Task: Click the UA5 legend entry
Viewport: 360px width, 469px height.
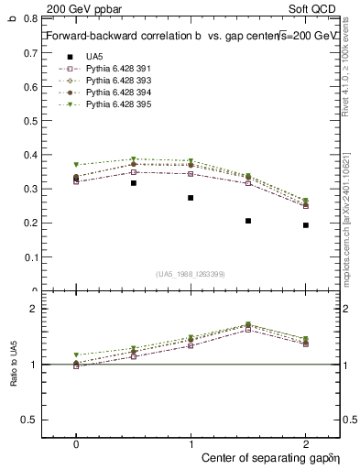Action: pos(93,56)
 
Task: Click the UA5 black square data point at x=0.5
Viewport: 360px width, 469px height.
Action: pos(134,183)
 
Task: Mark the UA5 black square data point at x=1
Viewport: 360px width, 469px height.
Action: pos(191,198)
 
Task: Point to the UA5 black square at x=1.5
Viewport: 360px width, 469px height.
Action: pos(248,221)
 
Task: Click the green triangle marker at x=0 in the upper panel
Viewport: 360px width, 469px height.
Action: pos(76,165)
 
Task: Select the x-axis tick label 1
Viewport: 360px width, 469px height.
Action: pos(191,443)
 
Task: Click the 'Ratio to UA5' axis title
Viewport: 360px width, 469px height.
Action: pos(14,364)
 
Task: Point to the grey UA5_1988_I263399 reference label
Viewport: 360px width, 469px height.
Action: pos(191,274)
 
